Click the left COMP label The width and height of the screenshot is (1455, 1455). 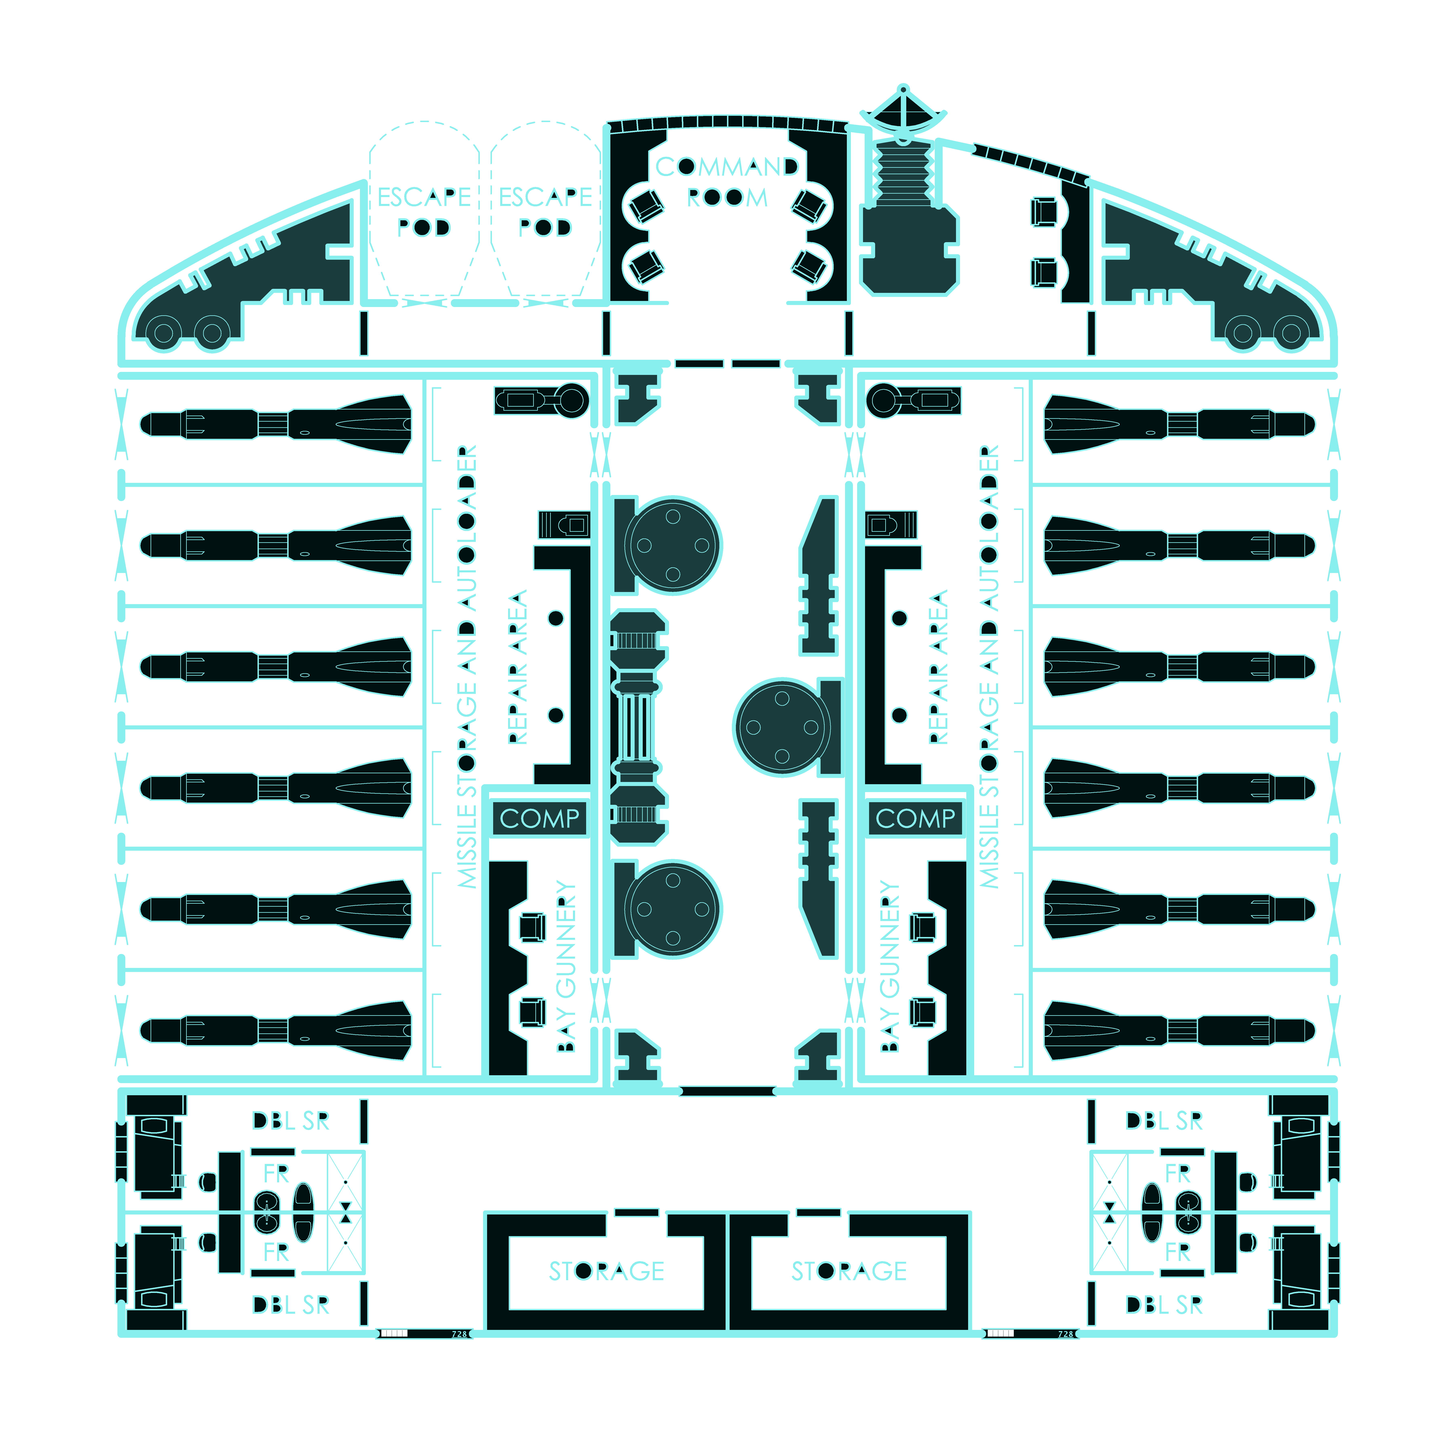coord(539,818)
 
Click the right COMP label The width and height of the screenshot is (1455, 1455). coord(915,818)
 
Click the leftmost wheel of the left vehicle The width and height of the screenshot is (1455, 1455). coord(164,332)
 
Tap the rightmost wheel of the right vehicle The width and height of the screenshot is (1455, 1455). coord(1291,332)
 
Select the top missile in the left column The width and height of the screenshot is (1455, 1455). coord(276,424)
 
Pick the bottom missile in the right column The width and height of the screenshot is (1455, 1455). coord(1179,1030)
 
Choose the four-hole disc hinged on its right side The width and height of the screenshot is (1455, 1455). coord(783,728)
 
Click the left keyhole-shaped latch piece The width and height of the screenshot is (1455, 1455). coord(541,400)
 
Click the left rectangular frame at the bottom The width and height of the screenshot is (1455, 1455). coord(606,1273)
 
